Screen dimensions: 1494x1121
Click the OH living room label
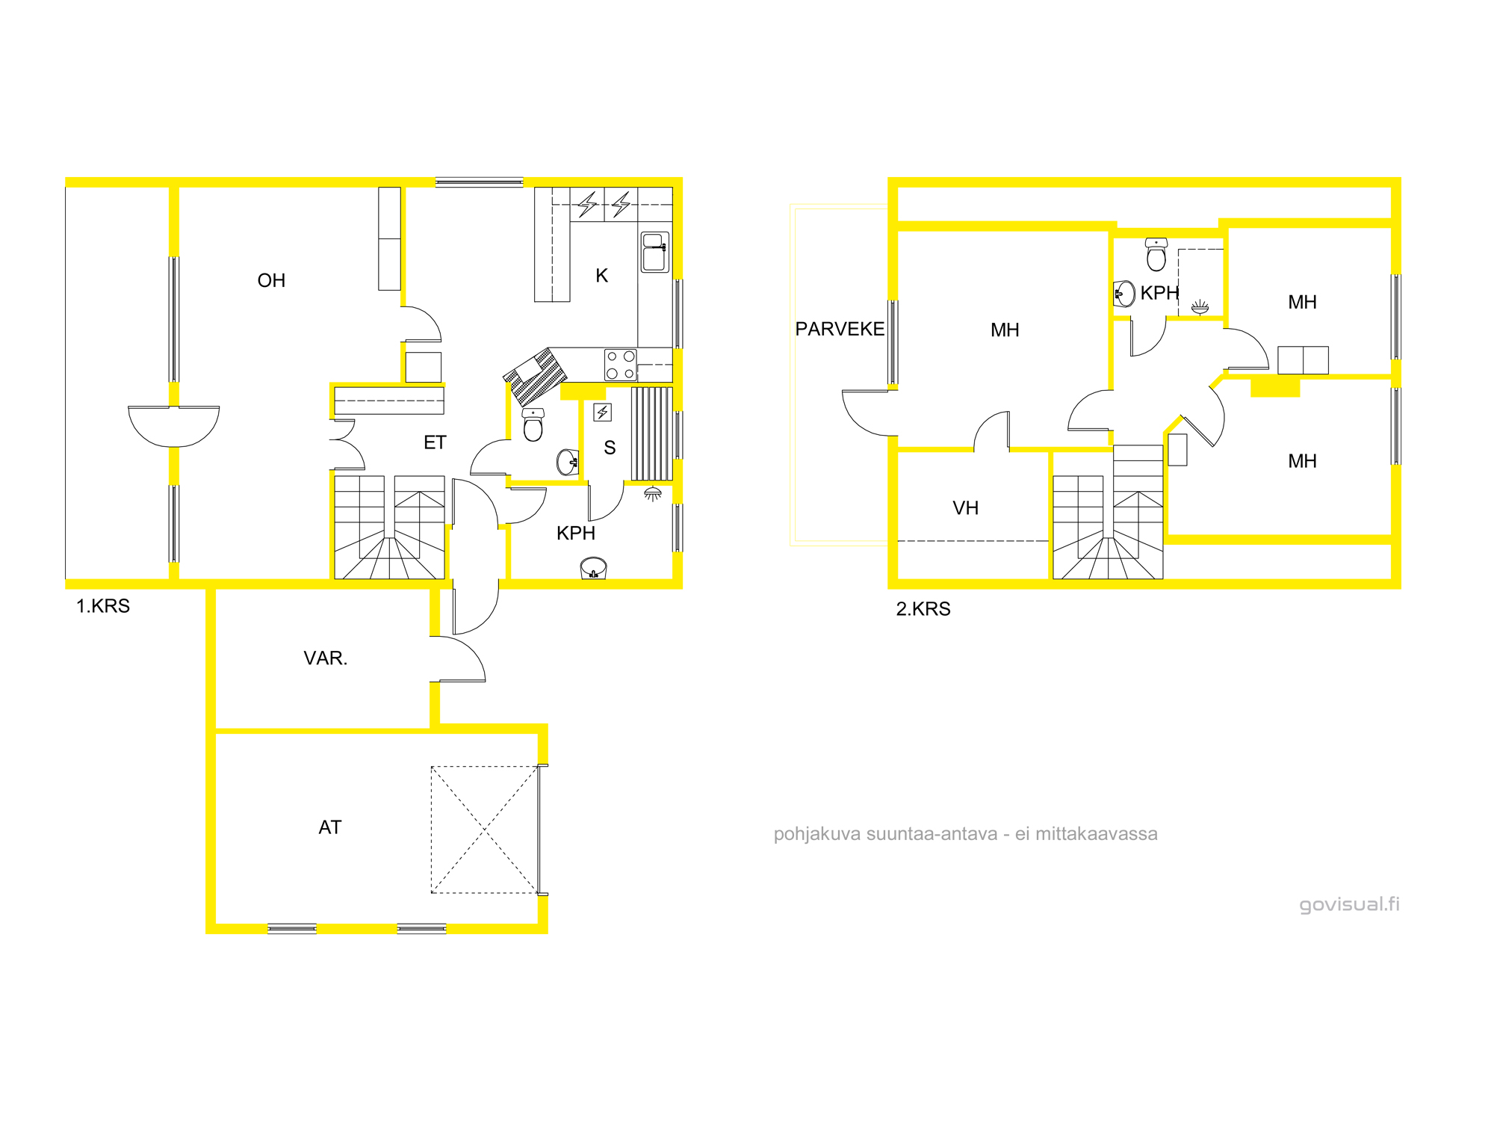(x=271, y=280)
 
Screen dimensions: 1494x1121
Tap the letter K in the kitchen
(x=602, y=276)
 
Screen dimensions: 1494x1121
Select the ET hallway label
(x=435, y=442)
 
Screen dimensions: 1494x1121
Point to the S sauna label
(x=610, y=448)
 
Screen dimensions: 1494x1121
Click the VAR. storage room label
(x=326, y=658)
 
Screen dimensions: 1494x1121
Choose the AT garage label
(x=330, y=827)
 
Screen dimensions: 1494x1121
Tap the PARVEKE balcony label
(x=840, y=329)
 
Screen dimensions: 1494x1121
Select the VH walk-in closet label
(x=965, y=508)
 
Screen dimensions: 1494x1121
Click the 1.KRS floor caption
(x=103, y=606)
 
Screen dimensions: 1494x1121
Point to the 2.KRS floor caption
(x=923, y=609)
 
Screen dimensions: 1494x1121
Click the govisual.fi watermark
(x=1350, y=904)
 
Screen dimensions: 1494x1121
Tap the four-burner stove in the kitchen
(x=621, y=365)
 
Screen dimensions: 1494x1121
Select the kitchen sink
(x=655, y=252)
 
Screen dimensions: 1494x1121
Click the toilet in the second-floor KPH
(x=1156, y=254)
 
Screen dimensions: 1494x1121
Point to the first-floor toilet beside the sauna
(x=533, y=424)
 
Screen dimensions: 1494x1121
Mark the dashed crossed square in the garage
(x=485, y=830)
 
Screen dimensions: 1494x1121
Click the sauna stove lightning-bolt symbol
(x=602, y=412)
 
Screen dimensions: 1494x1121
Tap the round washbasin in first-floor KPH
(x=594, y=568)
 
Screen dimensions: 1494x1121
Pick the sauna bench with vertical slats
(x=652, y=433)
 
